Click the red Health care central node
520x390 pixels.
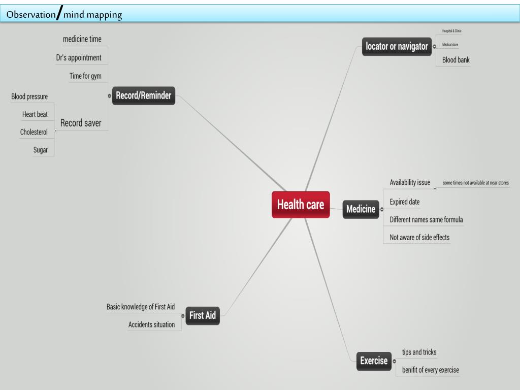(301, 205)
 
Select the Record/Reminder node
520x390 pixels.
(144, 95)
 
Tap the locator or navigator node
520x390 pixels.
(397, 47)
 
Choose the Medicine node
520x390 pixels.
(361, 209)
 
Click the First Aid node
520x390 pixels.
(203, 315)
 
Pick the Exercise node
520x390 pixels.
(374, 361)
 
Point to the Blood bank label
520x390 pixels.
(456, 60)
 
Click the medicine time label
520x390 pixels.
(82, 40)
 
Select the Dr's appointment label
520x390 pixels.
(79, 58)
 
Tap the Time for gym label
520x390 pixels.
(85, 76)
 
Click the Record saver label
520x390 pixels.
(81, 123)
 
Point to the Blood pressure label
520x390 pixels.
(29, 97)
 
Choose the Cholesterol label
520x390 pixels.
(34, 132)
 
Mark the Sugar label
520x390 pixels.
(41, 150)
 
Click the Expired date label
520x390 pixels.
(404, 202)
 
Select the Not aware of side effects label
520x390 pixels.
(419, 237)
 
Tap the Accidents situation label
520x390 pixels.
(151, 324)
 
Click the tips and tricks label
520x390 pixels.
(419, 352)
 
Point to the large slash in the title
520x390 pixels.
(59, 13)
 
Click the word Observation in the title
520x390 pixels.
(30, 15)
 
